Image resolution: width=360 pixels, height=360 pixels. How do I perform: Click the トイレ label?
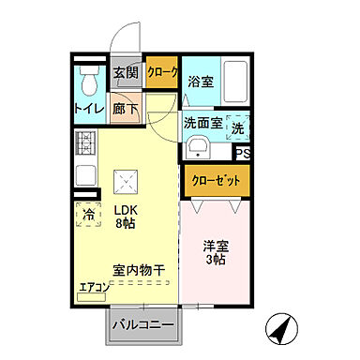coord(89,108)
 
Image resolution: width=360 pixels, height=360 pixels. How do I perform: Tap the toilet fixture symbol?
coord(90,82)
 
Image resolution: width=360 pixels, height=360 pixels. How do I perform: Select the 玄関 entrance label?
coord(127,71)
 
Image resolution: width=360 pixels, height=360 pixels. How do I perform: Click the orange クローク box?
coord(161,72)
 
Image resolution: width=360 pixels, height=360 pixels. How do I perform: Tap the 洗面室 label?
coord(203,122)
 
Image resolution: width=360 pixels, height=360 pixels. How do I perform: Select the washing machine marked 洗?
coord(239,127)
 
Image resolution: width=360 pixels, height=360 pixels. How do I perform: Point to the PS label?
coord(242,155)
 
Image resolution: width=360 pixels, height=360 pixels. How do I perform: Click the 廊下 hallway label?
coord(127,107)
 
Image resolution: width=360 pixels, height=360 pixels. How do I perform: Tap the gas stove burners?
coord(88,143)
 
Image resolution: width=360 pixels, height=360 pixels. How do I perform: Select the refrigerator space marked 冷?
coord(89,215)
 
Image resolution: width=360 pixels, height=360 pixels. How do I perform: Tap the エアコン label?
coord(94,288)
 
